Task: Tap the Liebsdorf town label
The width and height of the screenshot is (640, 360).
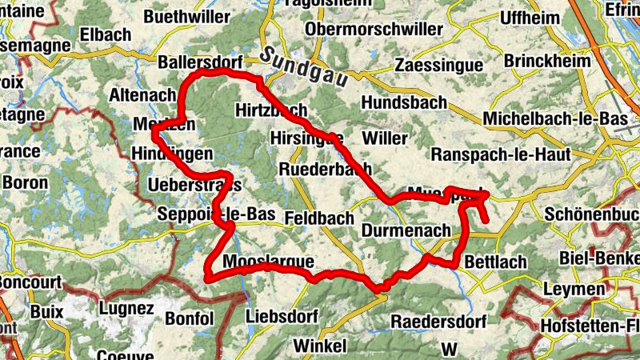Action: pyautogui.click(x=287, y=315)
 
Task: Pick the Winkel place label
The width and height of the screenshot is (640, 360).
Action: pyautogui.click(x=320, y=346)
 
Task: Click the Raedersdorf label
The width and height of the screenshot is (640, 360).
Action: pyautogui.click(x=439, y=321)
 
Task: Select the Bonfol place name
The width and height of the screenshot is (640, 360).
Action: pyautogui.click(x=190, y=318)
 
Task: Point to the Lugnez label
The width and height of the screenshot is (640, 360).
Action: pyautogui.click(x=126, y=307)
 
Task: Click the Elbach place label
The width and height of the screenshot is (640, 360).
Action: pyautogui.click(x=82, y=35)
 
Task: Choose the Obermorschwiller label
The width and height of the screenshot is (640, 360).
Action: pyautogui.click(x=374, y=29)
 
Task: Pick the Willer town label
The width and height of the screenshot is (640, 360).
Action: pyautogui.click(x=384, y=138)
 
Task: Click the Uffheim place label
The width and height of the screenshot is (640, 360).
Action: pyautogui.click(x=531, y=18)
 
